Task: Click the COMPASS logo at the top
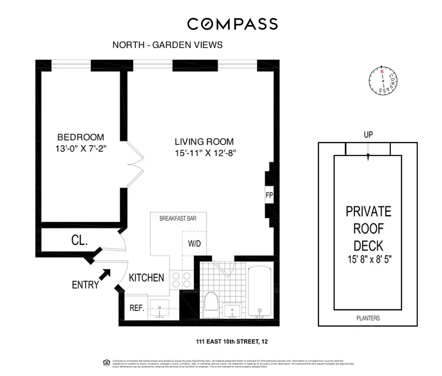tap(232, 24)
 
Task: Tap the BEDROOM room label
tap(80, 137)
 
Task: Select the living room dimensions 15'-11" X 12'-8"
tap(204, 153)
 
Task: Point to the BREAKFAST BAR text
tap(178, 219)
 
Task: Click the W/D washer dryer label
tap(194, 244)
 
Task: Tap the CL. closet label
tap(79, 242)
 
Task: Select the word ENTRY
tap(85, 285)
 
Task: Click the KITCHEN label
tap(146, 278)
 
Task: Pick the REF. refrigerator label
tap(137, 308)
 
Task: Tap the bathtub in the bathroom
tap(259, 291)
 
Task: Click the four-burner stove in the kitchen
tap(181, 280)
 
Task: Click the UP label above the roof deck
tap(368, 135)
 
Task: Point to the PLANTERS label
tap(367, 318)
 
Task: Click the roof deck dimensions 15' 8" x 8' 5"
tap(368, 258)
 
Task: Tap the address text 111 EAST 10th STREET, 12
tap(232, 342)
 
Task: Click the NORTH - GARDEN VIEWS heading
tap(168, 45)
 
